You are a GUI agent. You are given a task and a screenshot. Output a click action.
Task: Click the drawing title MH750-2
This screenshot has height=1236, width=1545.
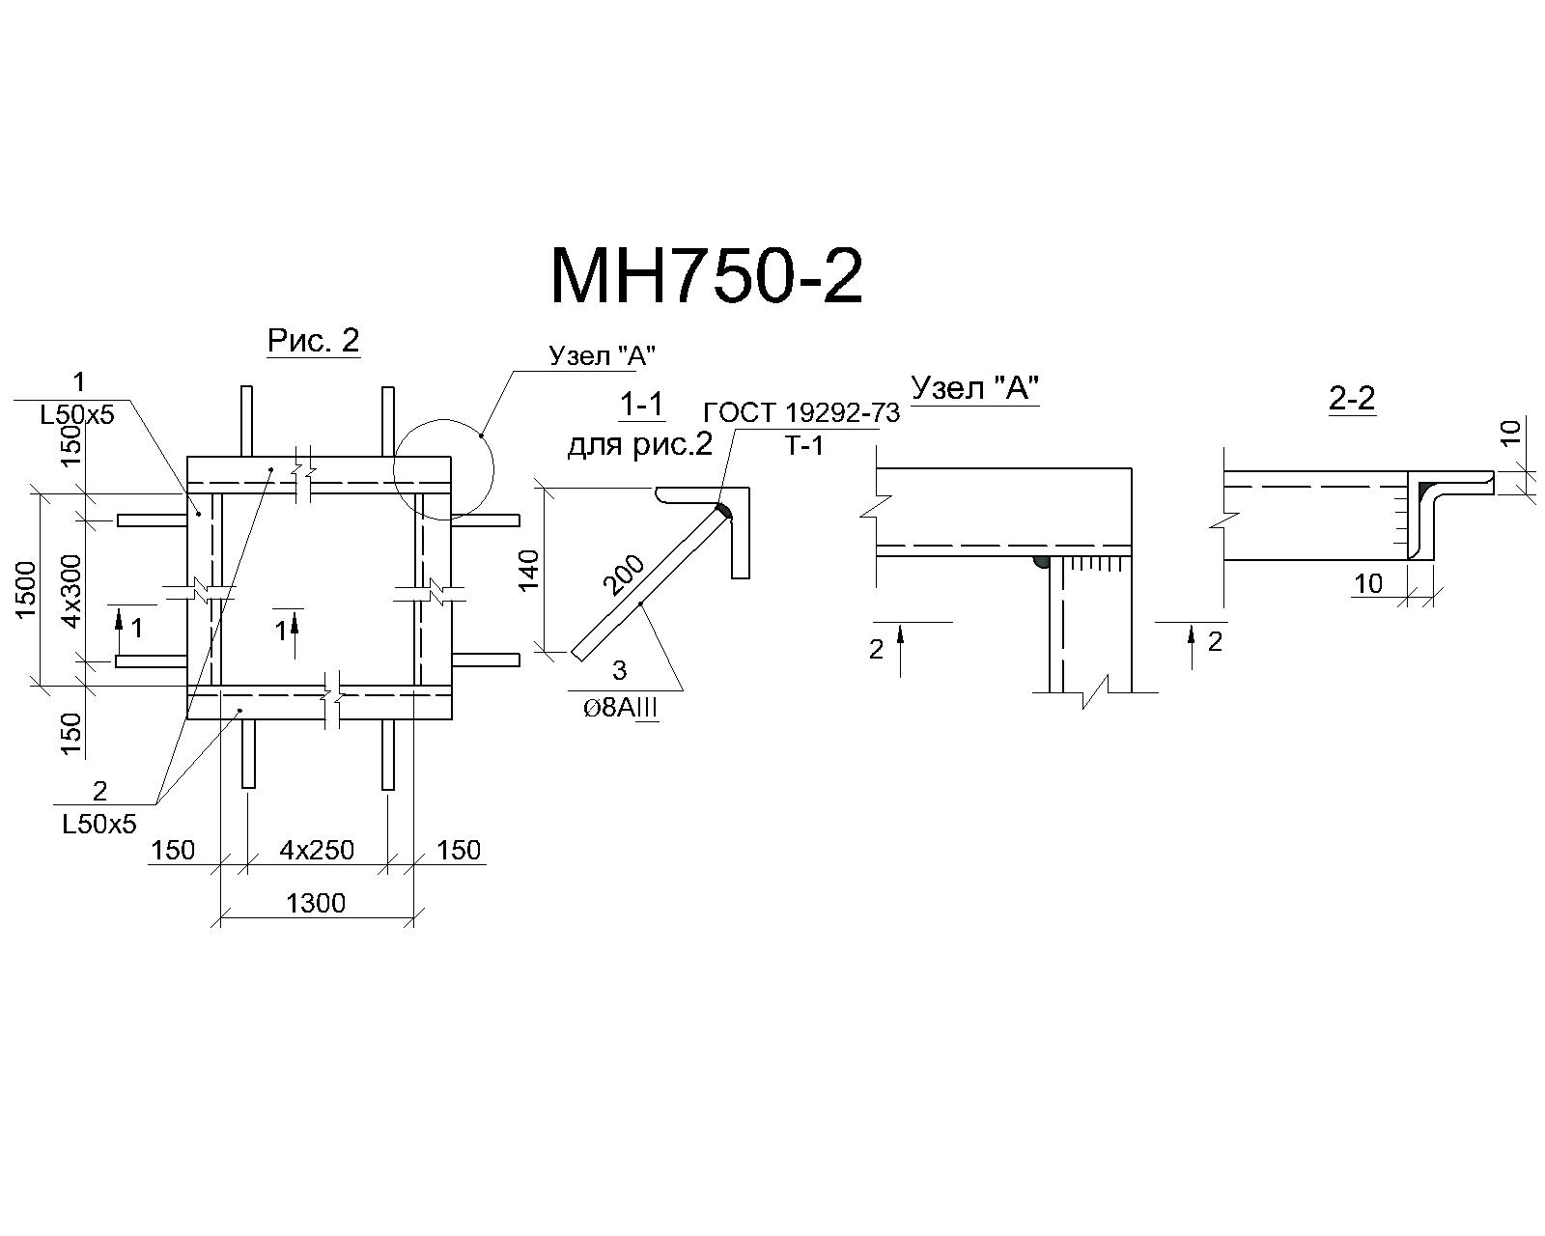tap(707, 276)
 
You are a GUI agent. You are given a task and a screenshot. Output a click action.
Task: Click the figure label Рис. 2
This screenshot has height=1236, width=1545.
tap(313, 340)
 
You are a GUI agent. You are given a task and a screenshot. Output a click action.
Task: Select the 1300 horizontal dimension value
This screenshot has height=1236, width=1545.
tap(316, 903)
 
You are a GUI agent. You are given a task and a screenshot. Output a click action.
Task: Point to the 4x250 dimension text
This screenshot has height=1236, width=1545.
tap(317, 851)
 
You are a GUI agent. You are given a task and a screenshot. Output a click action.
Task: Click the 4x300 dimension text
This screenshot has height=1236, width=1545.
tap(71, 590)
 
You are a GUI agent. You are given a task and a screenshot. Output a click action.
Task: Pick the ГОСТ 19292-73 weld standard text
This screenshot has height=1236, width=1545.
tap(801, 413)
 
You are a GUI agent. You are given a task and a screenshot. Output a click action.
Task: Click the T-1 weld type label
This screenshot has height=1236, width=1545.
tap(804, 447)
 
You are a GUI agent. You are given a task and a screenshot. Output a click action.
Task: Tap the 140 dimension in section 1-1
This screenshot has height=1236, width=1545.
tap(528, 570)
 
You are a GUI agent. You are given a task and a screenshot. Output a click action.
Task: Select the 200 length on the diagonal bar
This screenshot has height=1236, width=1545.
tap(624, 576)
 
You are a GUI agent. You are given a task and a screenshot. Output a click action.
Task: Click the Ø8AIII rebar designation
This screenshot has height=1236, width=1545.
tap(620, 709)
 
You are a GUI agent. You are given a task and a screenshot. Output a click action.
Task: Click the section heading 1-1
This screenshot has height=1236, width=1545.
tap(641, 406)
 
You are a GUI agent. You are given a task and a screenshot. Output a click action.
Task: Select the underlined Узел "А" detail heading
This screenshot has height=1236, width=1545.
tap(975, 388)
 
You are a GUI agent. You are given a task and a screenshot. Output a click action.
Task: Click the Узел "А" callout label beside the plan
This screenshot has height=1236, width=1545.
tap(604, 355)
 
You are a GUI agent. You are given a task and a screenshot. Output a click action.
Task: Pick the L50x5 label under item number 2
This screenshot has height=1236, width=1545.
tap(99, 824)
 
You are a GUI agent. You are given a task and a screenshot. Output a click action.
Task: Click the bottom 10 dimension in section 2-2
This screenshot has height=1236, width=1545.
tap(1367, 583)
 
